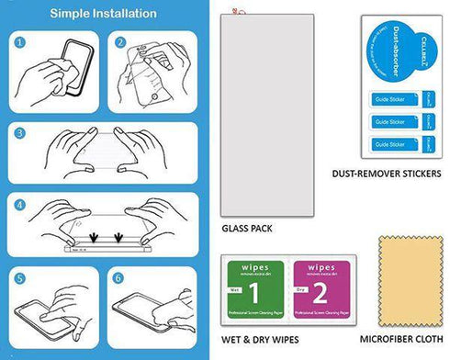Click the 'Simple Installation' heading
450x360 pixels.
[102, 14]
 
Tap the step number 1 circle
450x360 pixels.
[20, 42]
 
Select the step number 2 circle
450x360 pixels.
[120, 42]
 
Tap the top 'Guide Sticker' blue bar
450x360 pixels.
[390, 96]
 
